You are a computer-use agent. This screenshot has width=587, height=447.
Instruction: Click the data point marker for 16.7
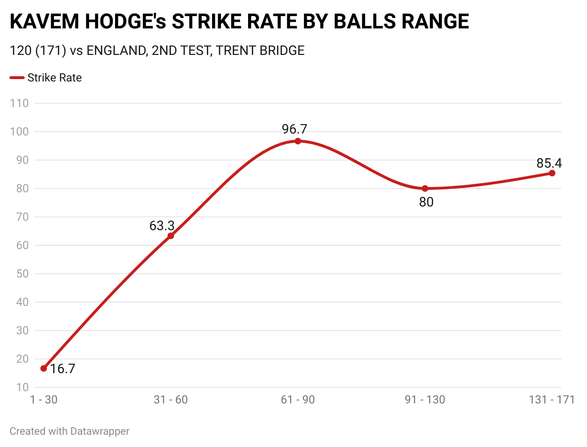44,368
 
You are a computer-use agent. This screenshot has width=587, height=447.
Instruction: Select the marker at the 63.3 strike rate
171,236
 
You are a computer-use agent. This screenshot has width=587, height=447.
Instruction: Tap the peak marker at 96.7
298,141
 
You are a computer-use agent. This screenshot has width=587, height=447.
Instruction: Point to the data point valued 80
425,188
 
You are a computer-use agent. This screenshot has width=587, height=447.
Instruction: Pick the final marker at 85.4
552,173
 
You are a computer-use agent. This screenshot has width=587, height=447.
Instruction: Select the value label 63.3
162,226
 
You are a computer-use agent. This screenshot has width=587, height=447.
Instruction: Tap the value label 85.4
549,163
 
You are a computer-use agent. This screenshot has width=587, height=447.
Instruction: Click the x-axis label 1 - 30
44,400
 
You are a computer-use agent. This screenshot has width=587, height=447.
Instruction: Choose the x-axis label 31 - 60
171,400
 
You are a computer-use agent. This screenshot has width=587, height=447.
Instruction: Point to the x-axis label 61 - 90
298,400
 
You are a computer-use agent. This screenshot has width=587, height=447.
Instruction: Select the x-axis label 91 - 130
425,400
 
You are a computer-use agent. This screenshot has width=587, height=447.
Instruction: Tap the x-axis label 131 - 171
551,400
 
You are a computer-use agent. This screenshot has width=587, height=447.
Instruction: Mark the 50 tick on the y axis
22,274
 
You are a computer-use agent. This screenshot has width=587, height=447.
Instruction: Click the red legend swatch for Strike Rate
17,78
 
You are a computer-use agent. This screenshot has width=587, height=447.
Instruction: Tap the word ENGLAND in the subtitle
115,51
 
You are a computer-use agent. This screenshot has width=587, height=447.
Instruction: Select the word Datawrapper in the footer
100,431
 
